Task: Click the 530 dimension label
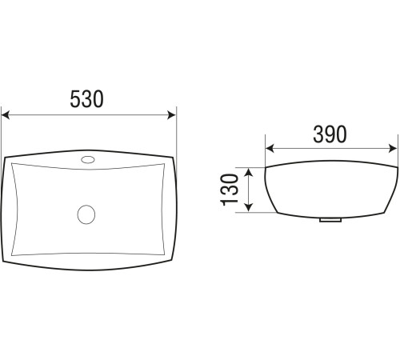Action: pyautogui.click(x=86, y=99)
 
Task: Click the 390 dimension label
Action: pyautogui.click(x=330, y=134)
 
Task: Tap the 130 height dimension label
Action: pyautogui.click(x=230, y=190)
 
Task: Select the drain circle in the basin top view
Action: pyautogui.click(x=86, y=214)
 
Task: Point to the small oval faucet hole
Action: pyautogui.click(x=88, y=160)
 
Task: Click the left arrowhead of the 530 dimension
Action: pyautogui.click(x=6, y=115)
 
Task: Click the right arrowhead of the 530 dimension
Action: pyautogui.click(x=171, y=115)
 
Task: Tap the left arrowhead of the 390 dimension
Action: pyautogui.click(x=270, y=149)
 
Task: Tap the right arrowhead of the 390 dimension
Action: pyautogui.click(x=393, y=149)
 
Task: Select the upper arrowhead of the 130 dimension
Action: pyautogui.click(x=249, y=172)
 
